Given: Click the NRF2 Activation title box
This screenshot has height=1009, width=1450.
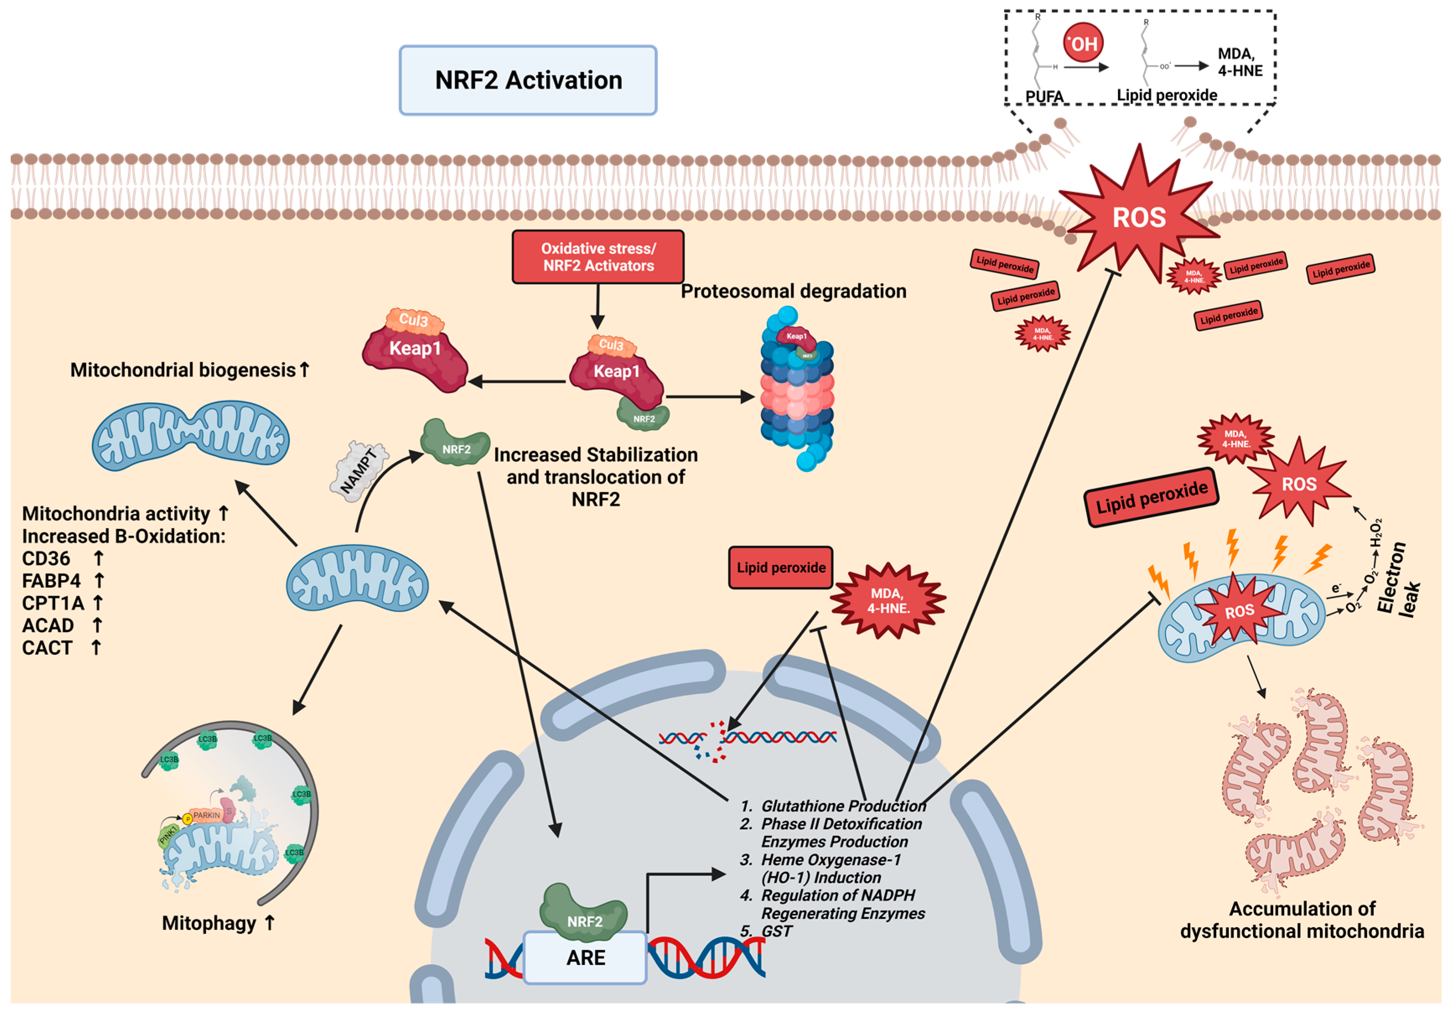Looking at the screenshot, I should click(x=528, y=80).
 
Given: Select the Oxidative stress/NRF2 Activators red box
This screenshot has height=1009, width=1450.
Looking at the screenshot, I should click(x=598, y=257).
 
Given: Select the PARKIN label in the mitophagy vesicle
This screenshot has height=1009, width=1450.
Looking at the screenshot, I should click(x=207, y=815).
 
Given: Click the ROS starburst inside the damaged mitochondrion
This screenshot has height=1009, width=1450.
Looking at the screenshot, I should click(x=1239, y=611).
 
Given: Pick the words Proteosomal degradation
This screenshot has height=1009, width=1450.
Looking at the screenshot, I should click(x=793, y=291).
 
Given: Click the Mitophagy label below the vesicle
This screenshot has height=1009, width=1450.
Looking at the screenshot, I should click(x=209, y=923).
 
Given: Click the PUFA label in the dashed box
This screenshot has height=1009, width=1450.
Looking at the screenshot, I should click(x=1044, y=96).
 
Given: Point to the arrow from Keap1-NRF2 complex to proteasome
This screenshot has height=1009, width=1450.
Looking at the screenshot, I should click(x=710, y=397).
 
